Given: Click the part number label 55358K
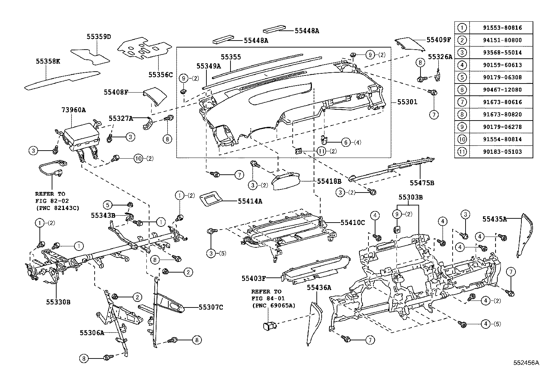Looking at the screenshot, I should point(48,61).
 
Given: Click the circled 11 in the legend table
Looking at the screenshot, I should point(462,152).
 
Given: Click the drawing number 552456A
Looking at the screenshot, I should point(526,363).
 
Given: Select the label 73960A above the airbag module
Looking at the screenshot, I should point(73,110).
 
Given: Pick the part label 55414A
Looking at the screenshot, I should point(250,201).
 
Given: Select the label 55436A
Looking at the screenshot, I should point(319,287).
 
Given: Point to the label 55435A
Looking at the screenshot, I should point(495,219).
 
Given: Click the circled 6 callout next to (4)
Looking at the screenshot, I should point(346,142).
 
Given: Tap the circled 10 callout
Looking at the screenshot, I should point(139,159).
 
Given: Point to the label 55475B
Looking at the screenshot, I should point(422,183).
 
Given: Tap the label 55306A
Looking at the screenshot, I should point(92,333).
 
